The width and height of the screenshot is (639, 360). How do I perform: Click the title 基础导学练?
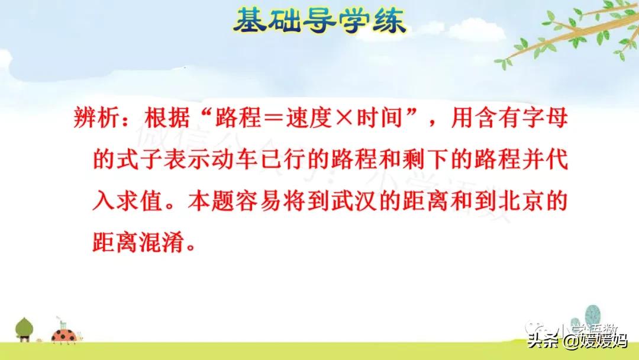(319, 22)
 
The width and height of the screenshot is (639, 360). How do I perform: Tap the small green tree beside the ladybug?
(25, 328)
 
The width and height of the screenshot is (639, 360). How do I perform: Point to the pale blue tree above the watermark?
(592, 313)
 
